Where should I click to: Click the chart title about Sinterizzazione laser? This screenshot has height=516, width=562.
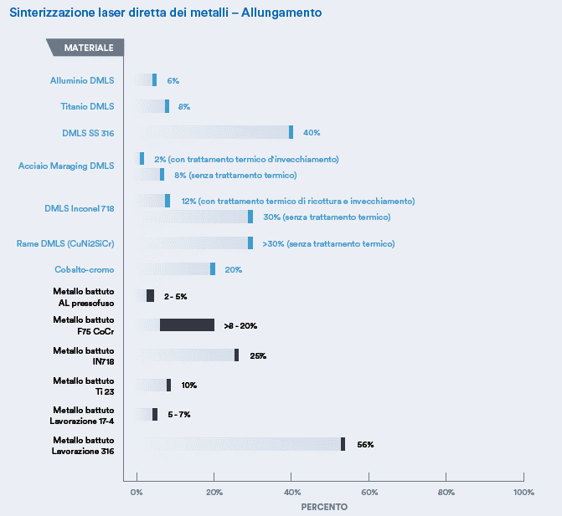pyautogui.click(x=165, y=13)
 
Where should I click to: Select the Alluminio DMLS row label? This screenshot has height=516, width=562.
pyautogui.click(x=81, y=80)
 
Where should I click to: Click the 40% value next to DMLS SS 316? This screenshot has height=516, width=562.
pyautogui.click(x=312, y=132)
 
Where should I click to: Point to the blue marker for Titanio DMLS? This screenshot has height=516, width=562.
pyautogui.click(x=167, y=106)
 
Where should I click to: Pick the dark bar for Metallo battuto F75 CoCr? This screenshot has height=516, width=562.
pyautogui.click(x=187, y=325)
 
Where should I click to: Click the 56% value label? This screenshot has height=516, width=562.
pyautogui.click(x=365, y=444)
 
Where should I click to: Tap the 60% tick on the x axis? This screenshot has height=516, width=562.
pyautogui.click(x=369, y=492)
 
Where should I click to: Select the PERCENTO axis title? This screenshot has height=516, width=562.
pyautogui.click(x=324, y=506)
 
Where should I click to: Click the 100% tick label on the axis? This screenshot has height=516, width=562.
pyautogui.click(x=523, y=492)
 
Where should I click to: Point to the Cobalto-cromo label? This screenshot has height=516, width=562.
pyautogui.click(x=84, y=269)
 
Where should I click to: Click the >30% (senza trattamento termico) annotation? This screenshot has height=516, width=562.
pyautogui.click(x=327, y=243)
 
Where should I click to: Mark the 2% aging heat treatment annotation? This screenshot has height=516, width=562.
pyautogui.click(x=246, y=159)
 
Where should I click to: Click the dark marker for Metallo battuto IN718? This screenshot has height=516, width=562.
pyautogui.click(x=236, y=355)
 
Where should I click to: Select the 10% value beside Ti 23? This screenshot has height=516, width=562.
pyautogui.click(x=188, y=385)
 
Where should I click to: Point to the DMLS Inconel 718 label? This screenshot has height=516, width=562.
pyautogui.click(x=79, y=207)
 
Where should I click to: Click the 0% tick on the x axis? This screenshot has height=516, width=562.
pyautogui.click(x=137, y=492)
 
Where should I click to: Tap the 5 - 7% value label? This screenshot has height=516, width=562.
pyautogui.click(x=178, y=415)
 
